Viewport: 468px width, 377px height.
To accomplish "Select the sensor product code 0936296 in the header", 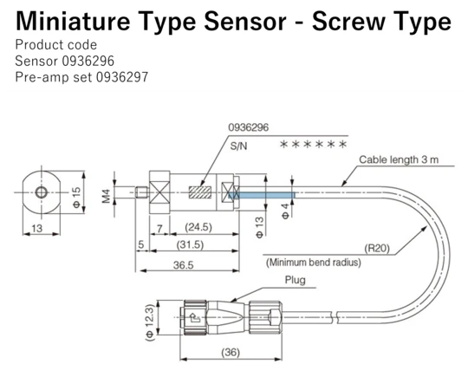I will coord(88,62).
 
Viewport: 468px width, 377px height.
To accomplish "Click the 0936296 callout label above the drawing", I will coord(249,127).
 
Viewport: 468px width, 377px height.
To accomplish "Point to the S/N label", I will coord(238,147).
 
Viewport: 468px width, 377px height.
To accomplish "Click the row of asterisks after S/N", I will coord(313,145).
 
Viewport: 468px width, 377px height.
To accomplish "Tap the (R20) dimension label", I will coord(376,247).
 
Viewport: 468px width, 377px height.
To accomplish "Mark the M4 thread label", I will coord(106,194).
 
